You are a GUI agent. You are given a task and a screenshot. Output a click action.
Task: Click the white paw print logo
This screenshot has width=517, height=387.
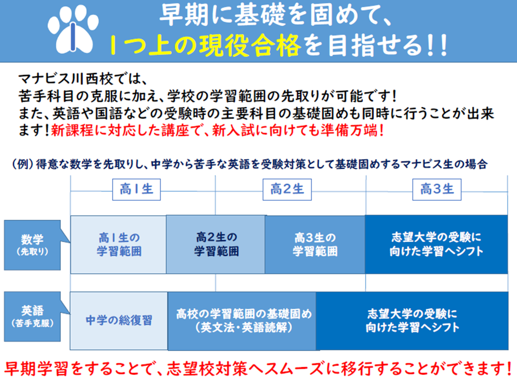pos(73,29)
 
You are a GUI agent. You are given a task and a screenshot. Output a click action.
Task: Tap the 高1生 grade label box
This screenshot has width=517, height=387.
pos(136,189)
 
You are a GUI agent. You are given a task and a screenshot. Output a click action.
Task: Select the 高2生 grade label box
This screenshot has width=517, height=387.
pos(287,189)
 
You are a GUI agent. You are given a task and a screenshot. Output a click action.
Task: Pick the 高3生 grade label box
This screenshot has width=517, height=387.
pos(437,189)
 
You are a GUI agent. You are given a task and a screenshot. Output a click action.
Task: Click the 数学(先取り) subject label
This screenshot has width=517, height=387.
pos(32,245)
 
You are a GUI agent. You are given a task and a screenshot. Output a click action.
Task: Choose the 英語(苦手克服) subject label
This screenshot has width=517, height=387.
pos(32,316)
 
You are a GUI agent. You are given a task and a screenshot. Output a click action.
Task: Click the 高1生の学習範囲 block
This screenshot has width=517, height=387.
pos(119,245)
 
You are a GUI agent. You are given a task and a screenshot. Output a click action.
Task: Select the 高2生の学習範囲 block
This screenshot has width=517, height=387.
pos(216,245)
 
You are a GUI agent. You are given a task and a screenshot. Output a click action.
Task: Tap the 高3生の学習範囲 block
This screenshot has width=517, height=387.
pos(315,245)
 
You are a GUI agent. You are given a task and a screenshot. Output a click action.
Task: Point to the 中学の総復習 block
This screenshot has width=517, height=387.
pos(119,321)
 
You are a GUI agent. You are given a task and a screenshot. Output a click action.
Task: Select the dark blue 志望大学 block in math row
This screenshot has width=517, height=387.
pos(436,245)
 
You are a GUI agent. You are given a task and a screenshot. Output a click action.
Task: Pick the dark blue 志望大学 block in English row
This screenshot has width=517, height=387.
pos(412,321)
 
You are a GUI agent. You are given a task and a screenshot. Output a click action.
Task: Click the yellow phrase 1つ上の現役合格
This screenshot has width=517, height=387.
pos(205,45)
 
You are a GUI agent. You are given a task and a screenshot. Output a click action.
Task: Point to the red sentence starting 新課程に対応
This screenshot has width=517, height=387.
pos(217,130)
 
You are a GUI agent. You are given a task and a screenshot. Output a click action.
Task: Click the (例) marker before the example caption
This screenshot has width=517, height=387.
pos(23,164)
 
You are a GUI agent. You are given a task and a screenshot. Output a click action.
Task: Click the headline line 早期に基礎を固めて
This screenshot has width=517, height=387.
pos(275,16)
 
